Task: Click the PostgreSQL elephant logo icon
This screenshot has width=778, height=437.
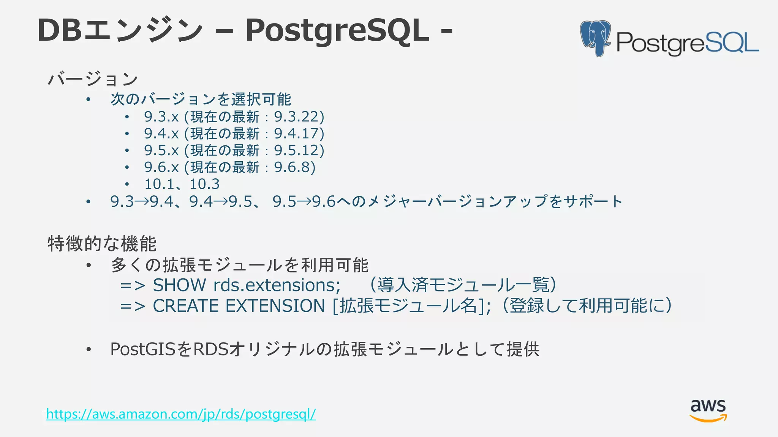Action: click(595, 38)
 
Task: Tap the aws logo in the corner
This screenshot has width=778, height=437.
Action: click(708, 410)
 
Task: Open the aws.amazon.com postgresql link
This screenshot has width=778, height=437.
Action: click(181, 414)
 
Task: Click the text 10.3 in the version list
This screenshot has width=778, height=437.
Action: click(204, 184)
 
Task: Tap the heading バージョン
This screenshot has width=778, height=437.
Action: click(92, 79)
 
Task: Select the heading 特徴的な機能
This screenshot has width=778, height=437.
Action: click(102, 244)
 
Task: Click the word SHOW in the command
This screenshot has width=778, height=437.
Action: click(179, 285)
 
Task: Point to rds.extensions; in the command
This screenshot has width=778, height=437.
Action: click(277, 285)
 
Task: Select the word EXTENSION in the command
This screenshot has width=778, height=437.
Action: click(275, 306)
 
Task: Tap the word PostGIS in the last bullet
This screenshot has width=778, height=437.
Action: click(143, 349)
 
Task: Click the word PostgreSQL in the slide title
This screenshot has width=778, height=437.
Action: click(337, 30)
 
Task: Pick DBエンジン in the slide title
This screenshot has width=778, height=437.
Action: click(120, 30)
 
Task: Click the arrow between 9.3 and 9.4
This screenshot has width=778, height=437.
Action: click(142, 201)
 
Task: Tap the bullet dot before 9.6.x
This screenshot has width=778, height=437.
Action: click(127, 168)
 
